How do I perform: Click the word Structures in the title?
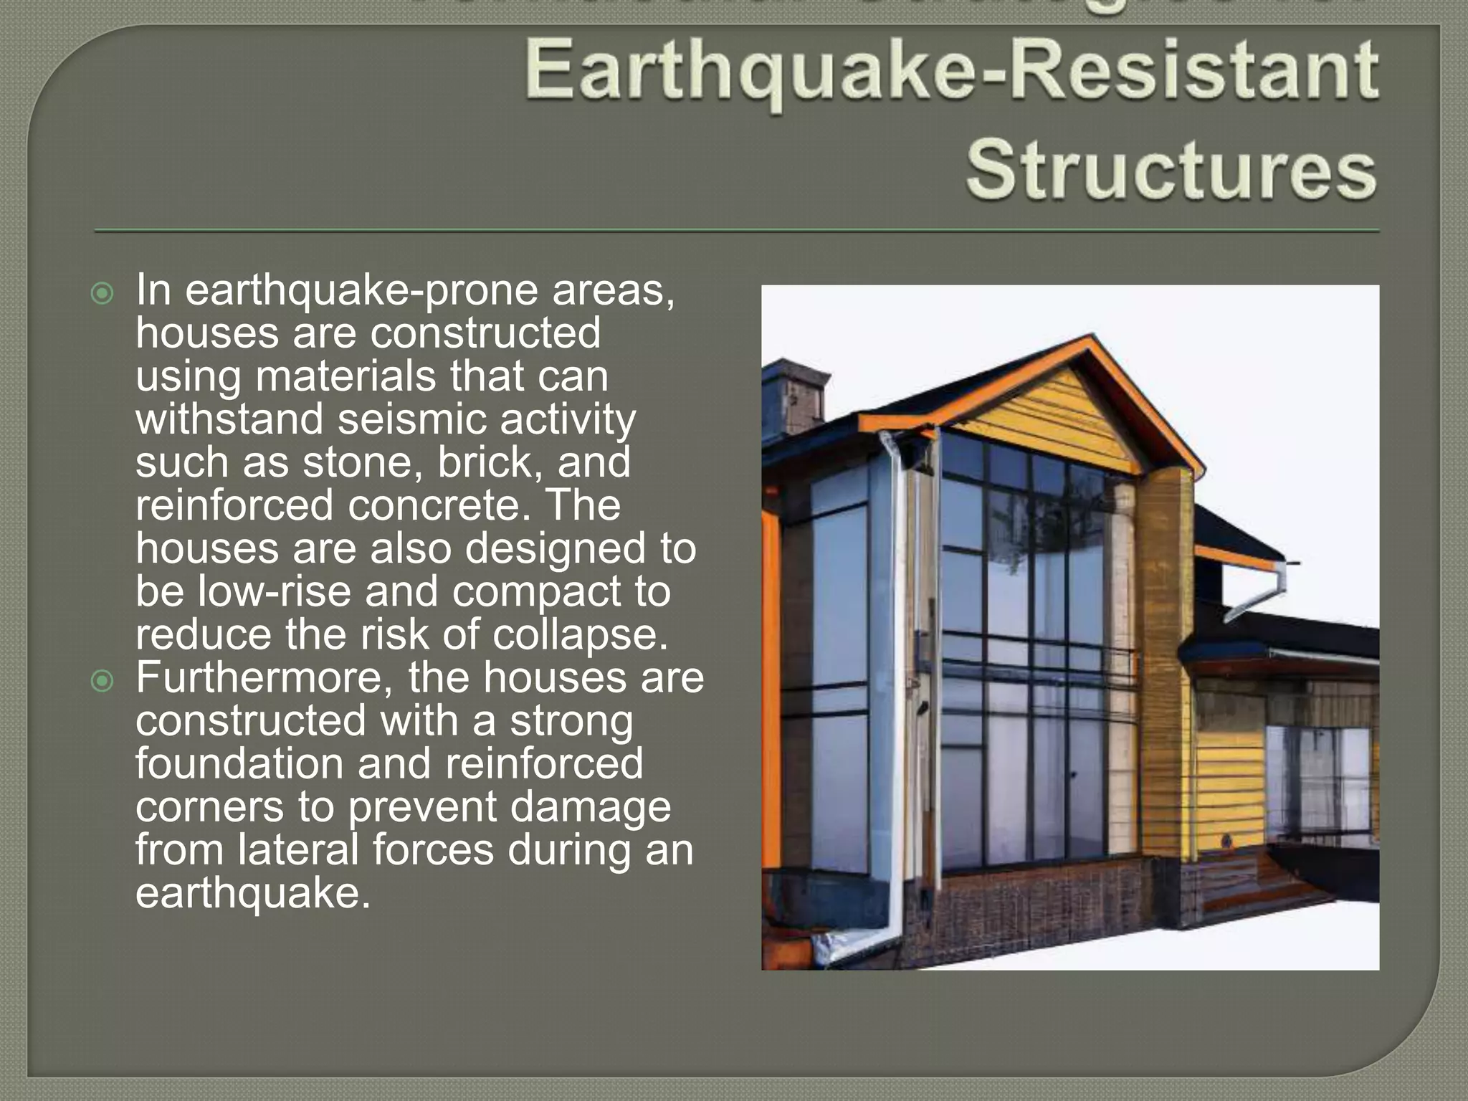[1171, 171]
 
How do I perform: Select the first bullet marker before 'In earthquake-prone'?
[103, 293]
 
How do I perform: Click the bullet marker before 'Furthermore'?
[103, 681]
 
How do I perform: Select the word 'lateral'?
[297, 850]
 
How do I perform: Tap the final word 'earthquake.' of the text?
[253, 893]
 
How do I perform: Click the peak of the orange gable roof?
[1092, 338]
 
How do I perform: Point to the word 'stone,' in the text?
[362, 462]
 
